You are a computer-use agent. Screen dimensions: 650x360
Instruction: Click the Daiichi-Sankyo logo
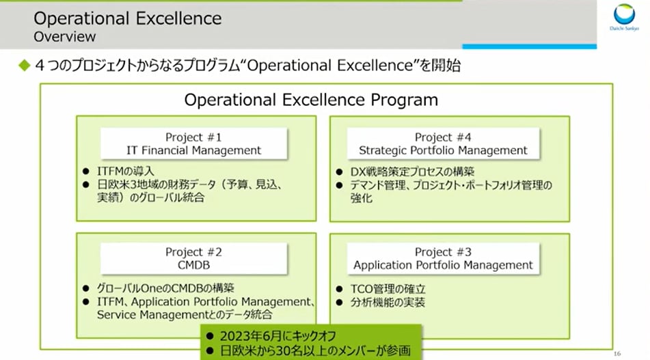click(624, 17)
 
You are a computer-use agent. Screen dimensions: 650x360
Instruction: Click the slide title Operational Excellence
click(128, 18)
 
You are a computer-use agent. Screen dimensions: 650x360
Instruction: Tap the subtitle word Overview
click(65, 37)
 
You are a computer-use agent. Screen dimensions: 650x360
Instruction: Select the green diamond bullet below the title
click(25, 65)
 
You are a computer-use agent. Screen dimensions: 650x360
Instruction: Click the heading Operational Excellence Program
click(311, 100)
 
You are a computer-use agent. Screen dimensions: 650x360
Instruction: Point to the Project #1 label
click(193, 137)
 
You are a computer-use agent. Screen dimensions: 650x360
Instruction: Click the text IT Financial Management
click(193, 150)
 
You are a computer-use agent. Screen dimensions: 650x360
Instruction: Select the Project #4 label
click(443, 137)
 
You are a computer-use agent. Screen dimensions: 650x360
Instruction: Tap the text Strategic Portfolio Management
click(443, 150)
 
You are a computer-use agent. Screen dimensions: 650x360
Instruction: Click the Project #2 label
click(193, 252)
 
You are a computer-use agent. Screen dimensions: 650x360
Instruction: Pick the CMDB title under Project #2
click(193, 265)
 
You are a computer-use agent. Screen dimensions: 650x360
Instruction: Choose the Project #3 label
click(443, 252)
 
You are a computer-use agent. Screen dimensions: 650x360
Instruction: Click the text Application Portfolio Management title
click(443, 265)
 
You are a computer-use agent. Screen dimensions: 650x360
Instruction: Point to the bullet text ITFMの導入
click(126, 171)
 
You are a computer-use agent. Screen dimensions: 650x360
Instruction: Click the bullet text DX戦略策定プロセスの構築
click(412, 171)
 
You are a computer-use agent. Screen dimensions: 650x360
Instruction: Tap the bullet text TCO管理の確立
click(388, 289)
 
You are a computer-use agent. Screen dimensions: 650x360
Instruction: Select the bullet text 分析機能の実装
click(388, 303)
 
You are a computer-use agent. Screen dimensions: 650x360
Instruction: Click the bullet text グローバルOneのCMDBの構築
click(165, 288)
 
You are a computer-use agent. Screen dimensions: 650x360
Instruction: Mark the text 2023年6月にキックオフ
click(277, 336)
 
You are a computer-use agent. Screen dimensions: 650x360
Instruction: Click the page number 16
click(617, 354)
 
